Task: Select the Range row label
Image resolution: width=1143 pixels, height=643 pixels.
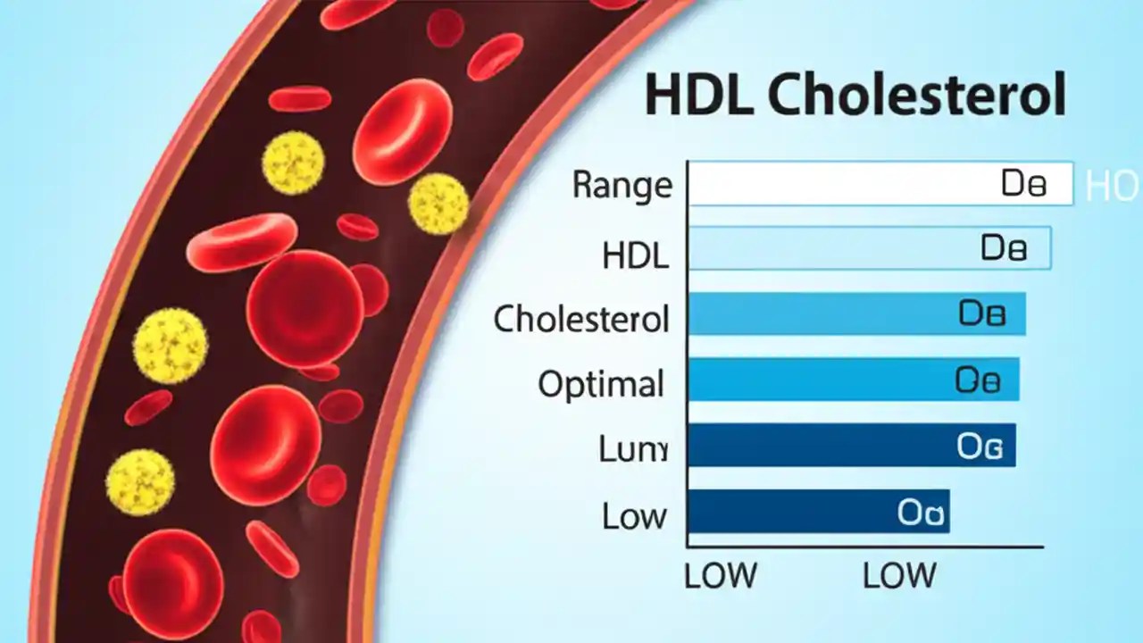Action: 622,185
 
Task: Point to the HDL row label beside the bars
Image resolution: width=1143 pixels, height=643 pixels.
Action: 635,256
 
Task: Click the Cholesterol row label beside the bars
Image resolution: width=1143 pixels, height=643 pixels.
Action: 581,319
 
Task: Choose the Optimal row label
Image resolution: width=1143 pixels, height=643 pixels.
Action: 601,385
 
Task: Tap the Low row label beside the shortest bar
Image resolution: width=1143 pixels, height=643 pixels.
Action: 634,515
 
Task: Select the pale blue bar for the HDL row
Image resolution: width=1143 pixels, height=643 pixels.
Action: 830,248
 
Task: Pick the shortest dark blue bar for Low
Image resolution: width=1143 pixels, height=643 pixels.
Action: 786,511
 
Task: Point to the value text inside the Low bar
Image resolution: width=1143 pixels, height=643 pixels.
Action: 922,513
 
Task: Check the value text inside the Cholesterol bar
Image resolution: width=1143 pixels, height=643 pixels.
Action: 982,314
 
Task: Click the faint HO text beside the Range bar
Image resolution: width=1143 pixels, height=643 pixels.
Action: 1112,186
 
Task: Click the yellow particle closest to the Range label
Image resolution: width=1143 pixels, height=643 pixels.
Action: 438,204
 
